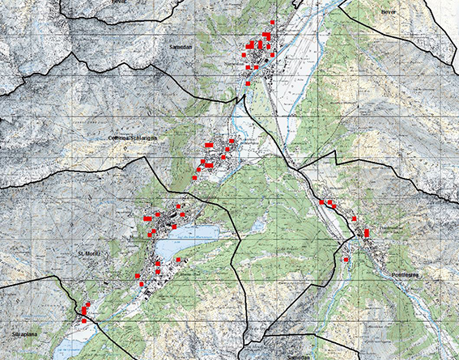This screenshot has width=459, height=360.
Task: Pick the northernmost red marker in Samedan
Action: pos(273,22)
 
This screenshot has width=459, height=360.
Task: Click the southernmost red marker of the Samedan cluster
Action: pos(248,83)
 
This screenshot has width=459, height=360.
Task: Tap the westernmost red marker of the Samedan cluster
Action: pos(243,55)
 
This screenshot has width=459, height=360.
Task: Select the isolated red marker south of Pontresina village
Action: pos(346,260)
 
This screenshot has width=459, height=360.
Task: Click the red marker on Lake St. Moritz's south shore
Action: pos(178,260)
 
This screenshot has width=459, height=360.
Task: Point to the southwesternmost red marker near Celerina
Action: pos(194,178)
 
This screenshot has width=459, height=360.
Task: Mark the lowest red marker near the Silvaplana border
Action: pos(83,321)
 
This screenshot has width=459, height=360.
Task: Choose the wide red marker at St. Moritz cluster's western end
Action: pos(147,218)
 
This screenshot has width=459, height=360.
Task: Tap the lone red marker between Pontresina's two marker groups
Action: pos(354,218)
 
